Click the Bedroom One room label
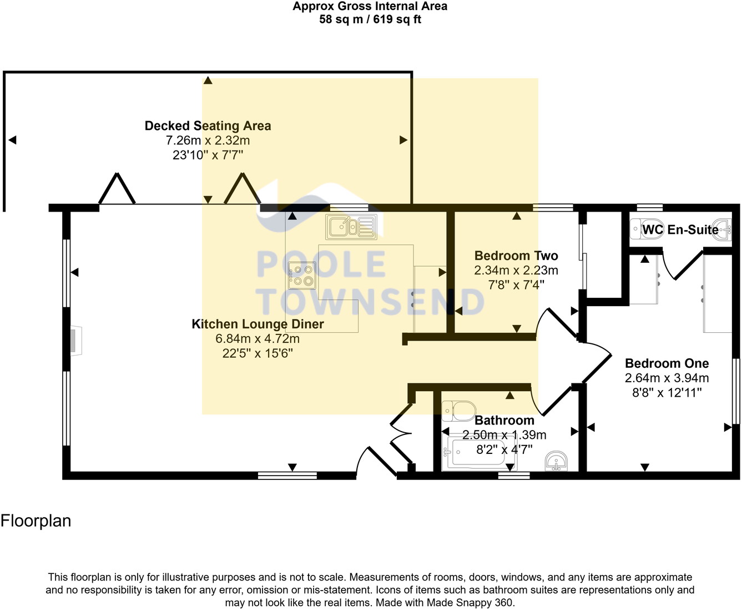point(667,363)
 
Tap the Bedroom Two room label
point(516,256)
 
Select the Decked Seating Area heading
point(208,126)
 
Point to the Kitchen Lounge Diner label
point(258,324)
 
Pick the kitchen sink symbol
point(351,227)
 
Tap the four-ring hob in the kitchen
point(302,276)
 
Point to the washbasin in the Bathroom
point(556,461)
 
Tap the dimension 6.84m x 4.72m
point(258,338)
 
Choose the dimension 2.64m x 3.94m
point(667,378)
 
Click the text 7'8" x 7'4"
point(516,285)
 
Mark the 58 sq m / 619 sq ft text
point(370,19)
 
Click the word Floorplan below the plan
point(36,521)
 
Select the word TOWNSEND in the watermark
point(371,302)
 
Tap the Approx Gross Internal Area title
point(370,7)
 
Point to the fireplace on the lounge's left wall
point(76,341)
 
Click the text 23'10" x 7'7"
point(208,155)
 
